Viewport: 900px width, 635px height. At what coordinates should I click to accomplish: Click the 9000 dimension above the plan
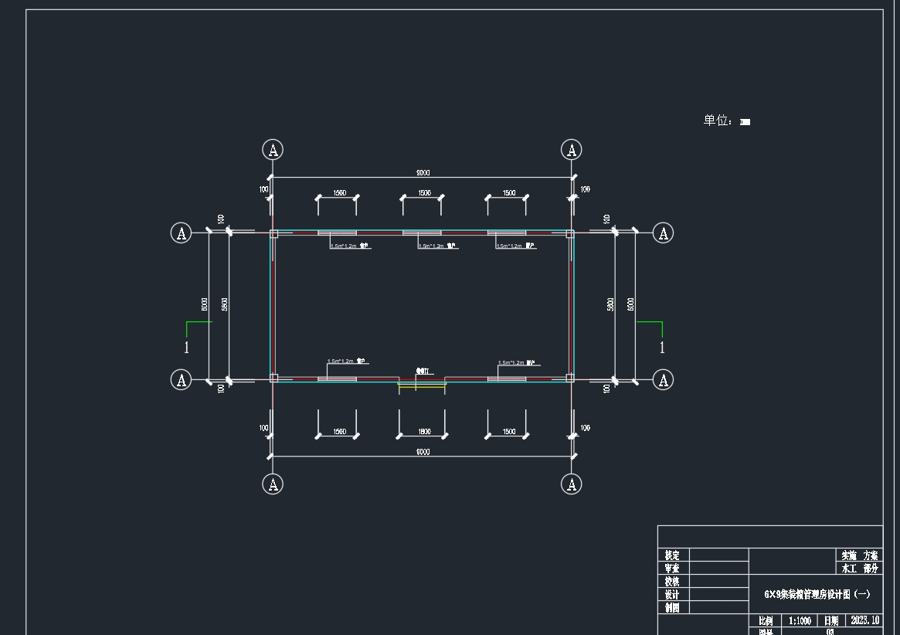tap(423, 172)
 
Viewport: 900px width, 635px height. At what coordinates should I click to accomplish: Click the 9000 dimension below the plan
tap(423, 452)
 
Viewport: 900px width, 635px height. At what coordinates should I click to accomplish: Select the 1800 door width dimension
tap(423, 432)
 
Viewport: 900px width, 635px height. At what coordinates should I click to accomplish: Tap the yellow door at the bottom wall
tap(422, 385)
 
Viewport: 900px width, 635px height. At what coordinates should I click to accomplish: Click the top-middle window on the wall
tap(422, 233)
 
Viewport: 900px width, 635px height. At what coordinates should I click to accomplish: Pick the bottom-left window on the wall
tap(337, 379)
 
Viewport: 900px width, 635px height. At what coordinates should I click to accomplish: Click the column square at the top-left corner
tap(273, 233)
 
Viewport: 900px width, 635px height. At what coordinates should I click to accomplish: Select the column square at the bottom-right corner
tap(570, 378)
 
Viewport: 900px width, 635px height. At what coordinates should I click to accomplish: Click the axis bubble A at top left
tap(273, 149)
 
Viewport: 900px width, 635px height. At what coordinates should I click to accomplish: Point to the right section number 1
tap(662, 348)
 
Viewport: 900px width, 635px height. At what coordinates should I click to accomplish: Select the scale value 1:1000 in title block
tap(800, 620)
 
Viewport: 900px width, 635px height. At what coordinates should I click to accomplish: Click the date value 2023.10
tap(864, 620)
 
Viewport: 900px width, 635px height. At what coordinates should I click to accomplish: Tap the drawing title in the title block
tap(817, 594)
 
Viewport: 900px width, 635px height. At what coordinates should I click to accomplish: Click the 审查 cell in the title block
tap(672, 569)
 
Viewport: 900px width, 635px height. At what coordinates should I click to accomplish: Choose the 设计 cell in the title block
tap(672, 595)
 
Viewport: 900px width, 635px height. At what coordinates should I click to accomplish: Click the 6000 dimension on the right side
tap(630, 304)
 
